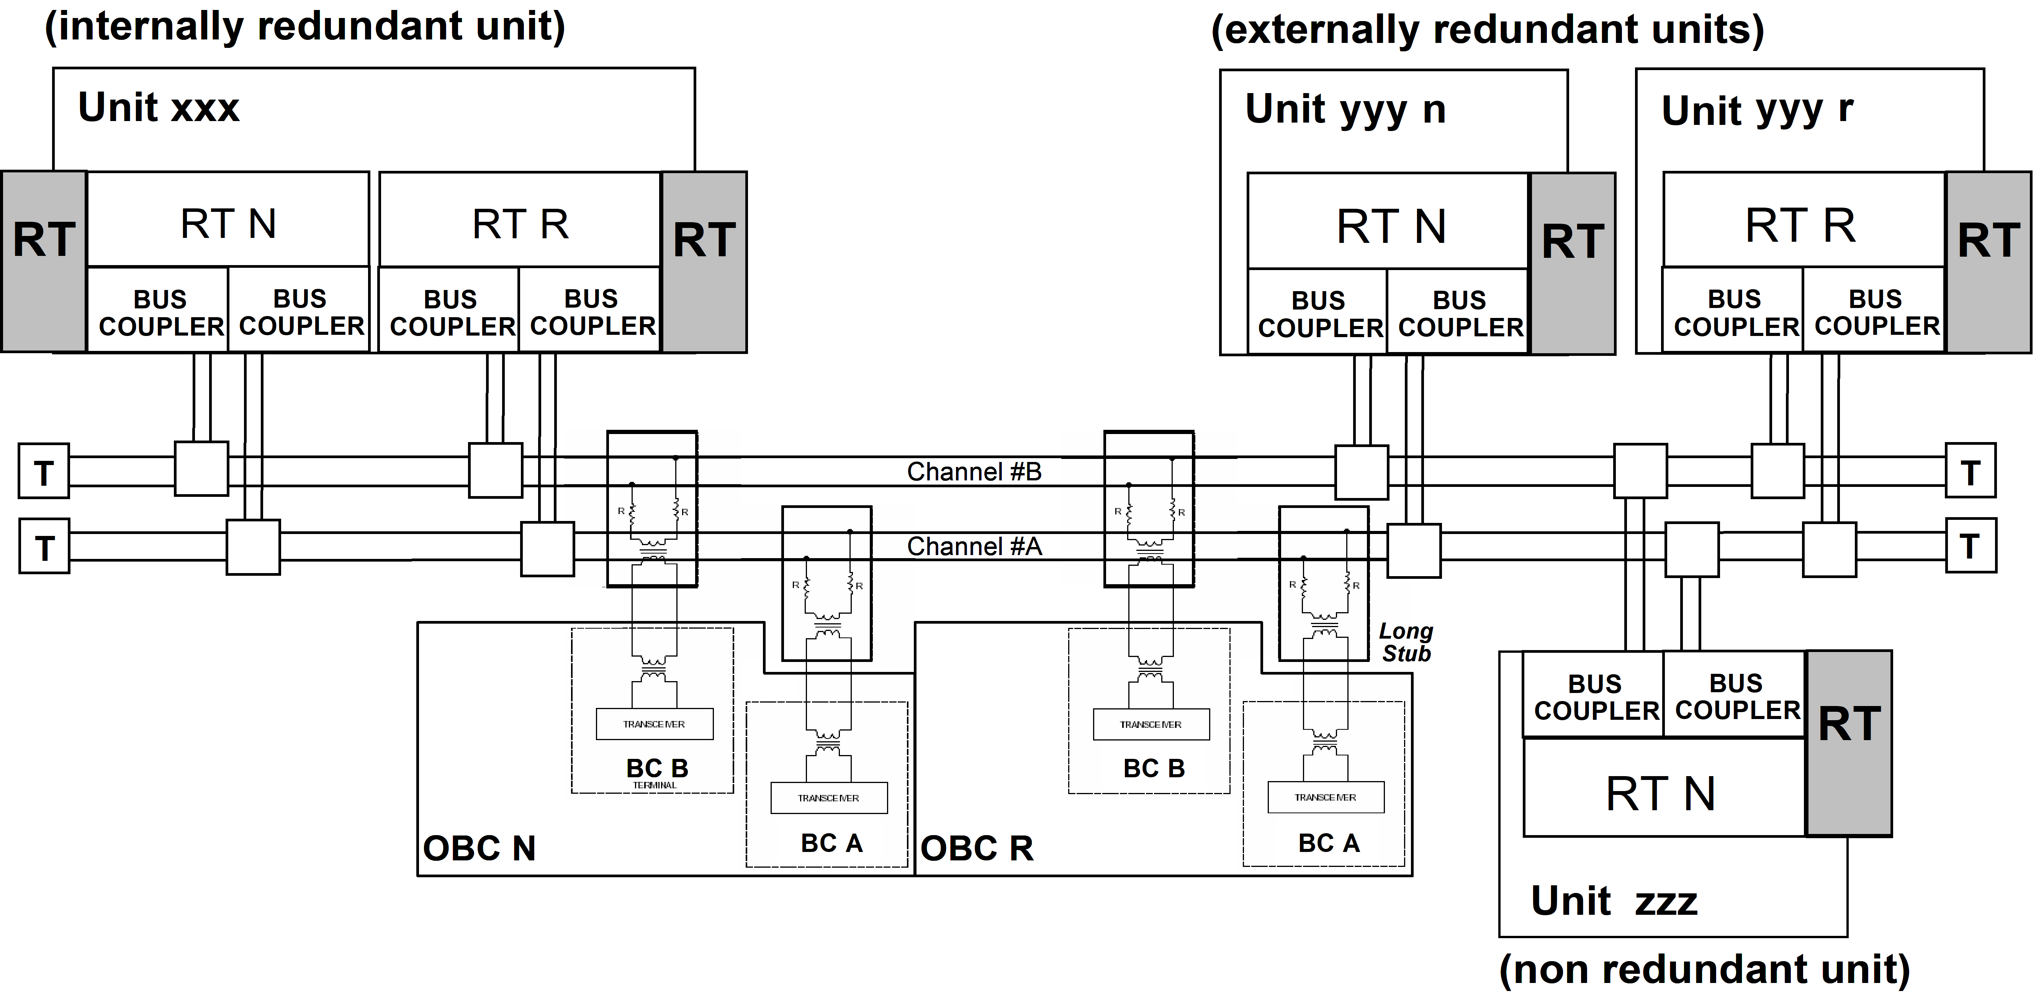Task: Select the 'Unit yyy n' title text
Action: (1345, 110)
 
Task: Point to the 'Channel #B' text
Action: (974, 472)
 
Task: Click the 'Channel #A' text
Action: (974, 546)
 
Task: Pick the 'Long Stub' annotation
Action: (1405, 643)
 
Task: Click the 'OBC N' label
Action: (479, 848)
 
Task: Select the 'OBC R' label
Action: (977, 848)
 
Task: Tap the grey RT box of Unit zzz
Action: (1849, 743)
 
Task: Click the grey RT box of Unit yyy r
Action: (1988, 262)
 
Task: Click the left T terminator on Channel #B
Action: (44, 472)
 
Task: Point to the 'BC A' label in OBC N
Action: (831, 844)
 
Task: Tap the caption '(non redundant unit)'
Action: (1704, 969)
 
